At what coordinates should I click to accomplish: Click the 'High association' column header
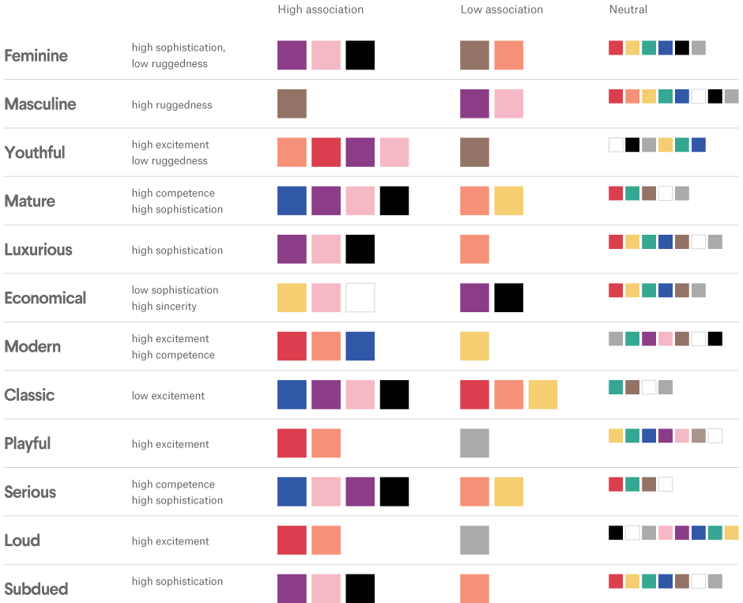(x=320, y=9)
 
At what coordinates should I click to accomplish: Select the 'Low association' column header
(x=502, y=9)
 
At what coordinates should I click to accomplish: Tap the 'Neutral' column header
(x=628, y=9)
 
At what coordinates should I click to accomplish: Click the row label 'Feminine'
(x=36, y=55)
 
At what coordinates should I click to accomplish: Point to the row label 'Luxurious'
(x=38, y=250)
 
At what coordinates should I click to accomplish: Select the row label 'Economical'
(x=45, y=298)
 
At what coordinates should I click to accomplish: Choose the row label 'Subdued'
(x=36, y=589)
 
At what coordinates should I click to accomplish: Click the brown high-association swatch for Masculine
(x=292, y=104)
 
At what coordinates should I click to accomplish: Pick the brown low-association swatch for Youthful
(x=474, y=153)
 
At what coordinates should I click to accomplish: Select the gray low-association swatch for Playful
(x=474, y=443)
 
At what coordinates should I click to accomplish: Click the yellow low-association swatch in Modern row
(x=474, y=346)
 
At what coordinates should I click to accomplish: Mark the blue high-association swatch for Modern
(x=360, y=346)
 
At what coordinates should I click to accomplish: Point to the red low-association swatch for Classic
(x=474, y=394)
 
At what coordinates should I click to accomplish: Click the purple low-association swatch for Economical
(x=474, y=298)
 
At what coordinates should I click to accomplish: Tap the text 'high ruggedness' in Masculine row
(x=172, y=105)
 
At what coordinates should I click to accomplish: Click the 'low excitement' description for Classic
(x=168, y=395)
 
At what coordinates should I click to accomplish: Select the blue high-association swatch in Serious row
(x=292, y=492)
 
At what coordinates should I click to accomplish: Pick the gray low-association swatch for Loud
(x=474, y=540)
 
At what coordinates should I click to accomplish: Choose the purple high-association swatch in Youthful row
(x=360, y=153)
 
